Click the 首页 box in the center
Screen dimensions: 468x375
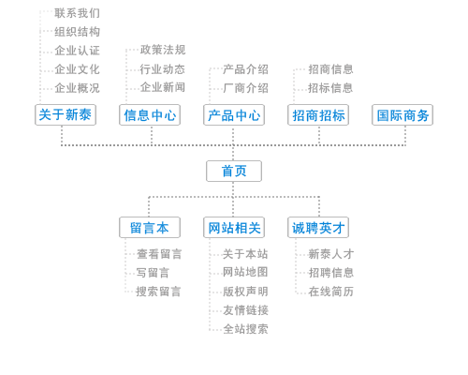[x=234, y=171]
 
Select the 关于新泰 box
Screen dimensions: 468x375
[x=66, y=114]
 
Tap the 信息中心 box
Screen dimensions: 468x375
[x=150, y=114]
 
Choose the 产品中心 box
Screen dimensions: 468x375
[x=234, y=114]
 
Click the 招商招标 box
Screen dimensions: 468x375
[x=318, y=114]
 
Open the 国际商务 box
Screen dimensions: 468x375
[x=402, y=114]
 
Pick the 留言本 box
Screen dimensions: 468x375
[x=150, y=228]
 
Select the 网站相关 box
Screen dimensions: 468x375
[x=234, y=228]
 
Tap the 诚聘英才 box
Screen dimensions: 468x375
[x=318, y=228]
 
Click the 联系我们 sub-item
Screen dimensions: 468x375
[x=77, y=13]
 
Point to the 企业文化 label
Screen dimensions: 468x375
[x=77, y=69]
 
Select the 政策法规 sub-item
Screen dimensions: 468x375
[x=163, y=50]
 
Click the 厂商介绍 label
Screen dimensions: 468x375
[x=245, y=88]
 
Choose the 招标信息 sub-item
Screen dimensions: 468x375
[x=330, y=88]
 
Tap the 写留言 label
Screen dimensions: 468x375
[x=153, y=273]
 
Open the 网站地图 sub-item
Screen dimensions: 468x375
[x=245, y=272]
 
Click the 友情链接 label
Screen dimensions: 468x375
[x=245, y=310]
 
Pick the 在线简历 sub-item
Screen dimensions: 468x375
[x=330, y=292]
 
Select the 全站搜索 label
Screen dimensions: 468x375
[x=245, y=329]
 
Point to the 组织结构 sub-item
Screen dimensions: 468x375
[x=77, y=32]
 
